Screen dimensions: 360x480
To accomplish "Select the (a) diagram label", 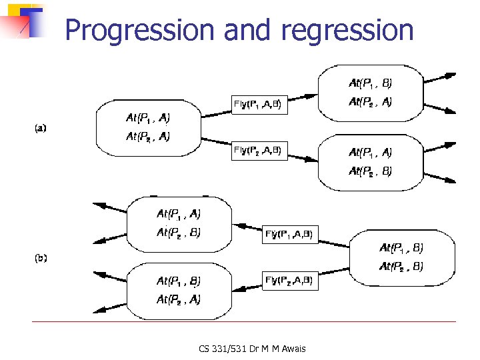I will click(41, 128).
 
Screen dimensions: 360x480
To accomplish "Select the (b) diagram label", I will click(41, 257).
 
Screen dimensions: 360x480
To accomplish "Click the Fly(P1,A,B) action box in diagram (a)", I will click(261, 104).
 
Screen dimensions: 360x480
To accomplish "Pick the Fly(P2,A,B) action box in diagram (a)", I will click(261, 151).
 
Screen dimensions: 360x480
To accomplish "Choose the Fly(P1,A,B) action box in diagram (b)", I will click(289, 233).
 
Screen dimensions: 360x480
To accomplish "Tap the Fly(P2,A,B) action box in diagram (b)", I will click(289, 280).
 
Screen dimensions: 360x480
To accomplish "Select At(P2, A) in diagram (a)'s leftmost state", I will click(148, 137).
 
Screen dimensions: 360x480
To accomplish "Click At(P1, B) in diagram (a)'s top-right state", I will click(371, 84).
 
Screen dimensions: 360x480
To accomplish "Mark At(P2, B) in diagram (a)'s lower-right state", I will click(371, 171).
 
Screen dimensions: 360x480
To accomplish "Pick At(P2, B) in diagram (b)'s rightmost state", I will click(401, 267).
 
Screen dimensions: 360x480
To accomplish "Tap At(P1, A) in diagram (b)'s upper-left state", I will click(179, 214).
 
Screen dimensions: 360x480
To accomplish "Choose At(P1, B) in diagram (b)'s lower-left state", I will click(179, 281).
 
